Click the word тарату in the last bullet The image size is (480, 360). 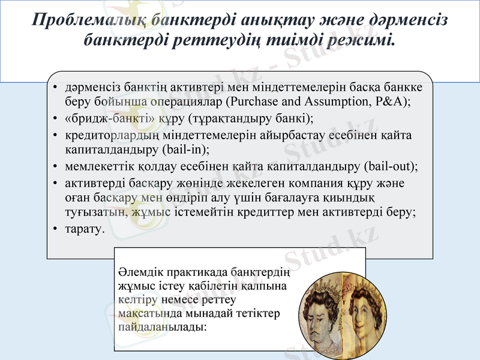85,229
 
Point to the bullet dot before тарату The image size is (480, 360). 55,229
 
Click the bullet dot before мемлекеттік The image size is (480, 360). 55,166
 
